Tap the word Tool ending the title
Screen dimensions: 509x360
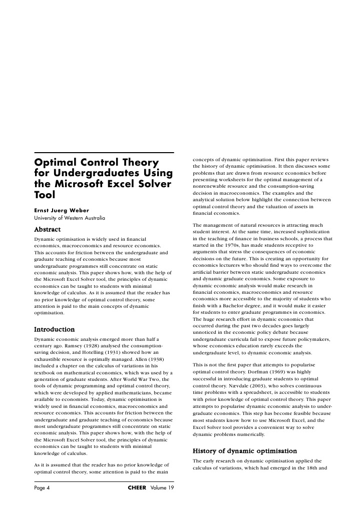tap(45, 197)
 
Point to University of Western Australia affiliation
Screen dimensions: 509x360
tap(70, 218)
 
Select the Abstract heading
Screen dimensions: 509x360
tap(47, 229)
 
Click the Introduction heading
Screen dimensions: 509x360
tap(54, 329)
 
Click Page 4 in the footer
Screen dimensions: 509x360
tap(42, 488)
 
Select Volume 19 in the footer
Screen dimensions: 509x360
tap(162, 488)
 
